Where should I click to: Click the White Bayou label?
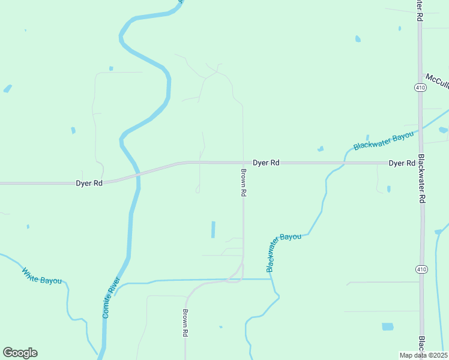[41, 276]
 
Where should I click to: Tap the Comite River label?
[111, 298]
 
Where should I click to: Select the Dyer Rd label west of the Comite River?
[89, 183]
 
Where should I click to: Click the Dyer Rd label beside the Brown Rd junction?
[266, 163]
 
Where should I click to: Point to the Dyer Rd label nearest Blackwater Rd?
[402, 163]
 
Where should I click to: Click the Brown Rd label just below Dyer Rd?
[244, 183]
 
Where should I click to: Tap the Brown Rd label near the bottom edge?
[186, 323]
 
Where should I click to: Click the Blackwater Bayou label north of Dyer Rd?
[384, 141]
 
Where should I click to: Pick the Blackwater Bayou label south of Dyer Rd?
[283, 252]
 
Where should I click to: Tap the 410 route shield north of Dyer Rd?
[420, 88]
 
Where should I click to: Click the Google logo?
[20, 353]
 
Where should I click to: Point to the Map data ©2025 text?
[424, 355]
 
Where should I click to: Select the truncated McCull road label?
[437, 80]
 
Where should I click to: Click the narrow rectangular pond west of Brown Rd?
[212, 230]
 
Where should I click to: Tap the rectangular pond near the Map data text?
[388, 327]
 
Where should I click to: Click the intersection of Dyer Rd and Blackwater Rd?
[421, 163]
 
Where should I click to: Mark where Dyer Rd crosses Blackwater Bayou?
[345, 163]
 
